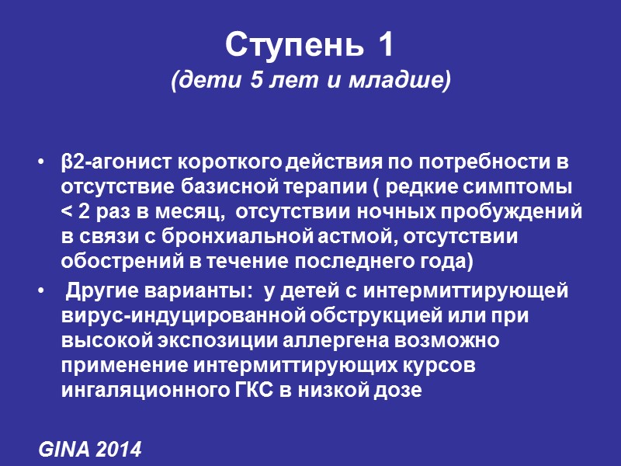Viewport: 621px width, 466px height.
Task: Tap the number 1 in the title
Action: click(386, 46)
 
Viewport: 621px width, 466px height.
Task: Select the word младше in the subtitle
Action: click(409, 80)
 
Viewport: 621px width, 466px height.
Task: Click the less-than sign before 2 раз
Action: click(66, 214)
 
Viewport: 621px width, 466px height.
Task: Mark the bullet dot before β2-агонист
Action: click(40, 165)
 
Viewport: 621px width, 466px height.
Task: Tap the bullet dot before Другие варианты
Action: click(40, 292)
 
